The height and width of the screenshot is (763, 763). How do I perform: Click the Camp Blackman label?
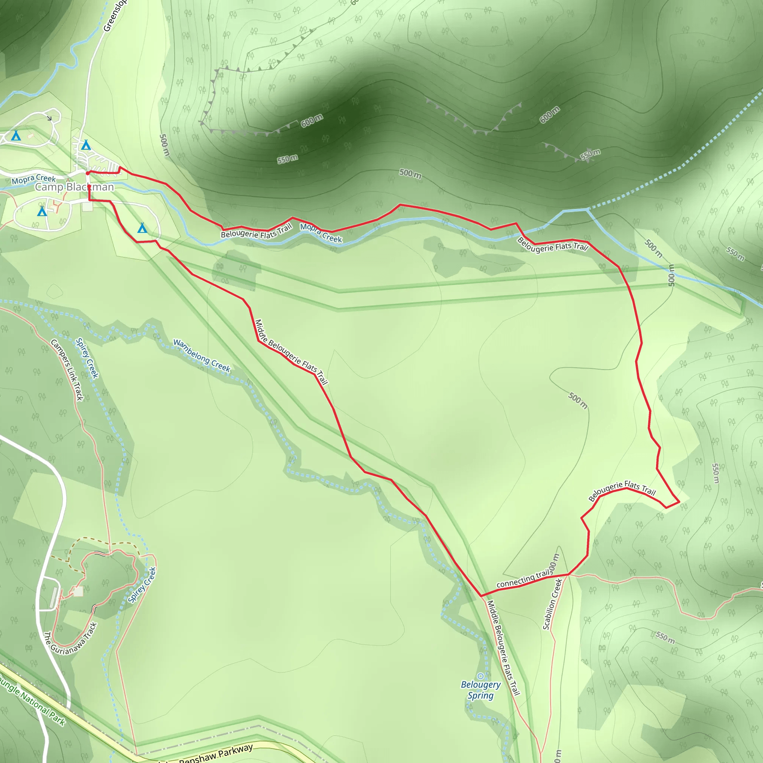click(74, 187)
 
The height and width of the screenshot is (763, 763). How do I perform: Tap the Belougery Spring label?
click(481, 690)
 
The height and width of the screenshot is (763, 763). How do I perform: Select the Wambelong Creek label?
click(202, 355)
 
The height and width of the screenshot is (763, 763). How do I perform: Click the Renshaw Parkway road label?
click(216, 754)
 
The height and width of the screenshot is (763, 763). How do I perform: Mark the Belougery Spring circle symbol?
click(480, 677)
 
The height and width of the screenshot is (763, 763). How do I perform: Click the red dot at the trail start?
click(88, 173)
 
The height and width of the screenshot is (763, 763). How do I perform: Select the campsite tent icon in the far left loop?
click(16, 136)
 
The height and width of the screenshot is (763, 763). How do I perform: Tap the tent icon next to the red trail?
click(142, 228)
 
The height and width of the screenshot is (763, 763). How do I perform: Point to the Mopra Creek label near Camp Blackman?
click(34, 179)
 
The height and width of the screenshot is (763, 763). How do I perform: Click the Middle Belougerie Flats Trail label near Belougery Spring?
click(503, 648)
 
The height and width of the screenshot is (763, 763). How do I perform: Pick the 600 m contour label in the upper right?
click(550, 114)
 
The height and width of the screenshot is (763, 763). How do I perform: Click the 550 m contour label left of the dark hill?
click(288, 159)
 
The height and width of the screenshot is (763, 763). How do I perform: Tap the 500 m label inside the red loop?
click(578, 401)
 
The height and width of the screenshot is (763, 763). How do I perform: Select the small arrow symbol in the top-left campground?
click(50, 118)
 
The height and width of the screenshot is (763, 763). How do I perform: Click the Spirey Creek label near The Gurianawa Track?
click(142, 585)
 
